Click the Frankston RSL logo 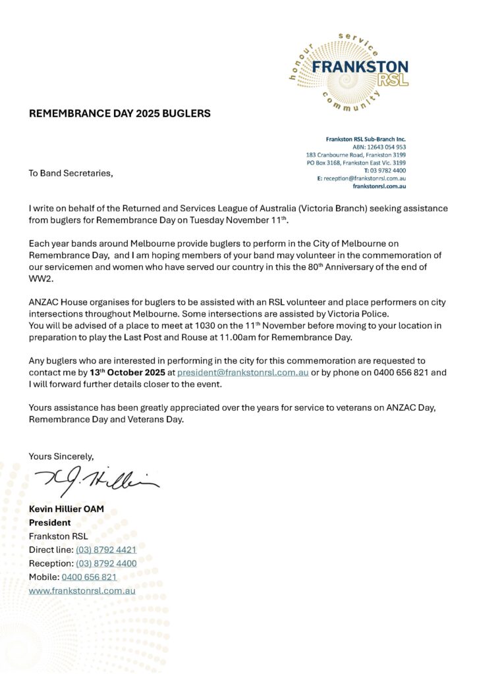[x=349, y=70]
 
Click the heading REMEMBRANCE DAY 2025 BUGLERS [x=119, y=113]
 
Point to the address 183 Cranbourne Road [x=356, y=155]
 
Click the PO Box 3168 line [x=356, y=163]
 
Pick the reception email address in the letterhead [x=364, y=178]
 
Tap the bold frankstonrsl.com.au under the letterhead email [x=379, y=186]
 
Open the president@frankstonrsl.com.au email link [x=238, y=372]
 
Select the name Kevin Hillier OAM [x=67, y=509]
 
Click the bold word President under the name [x=50, y=523]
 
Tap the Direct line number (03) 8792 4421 [x=106, y=550]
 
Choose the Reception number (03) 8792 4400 [x=106, y=563]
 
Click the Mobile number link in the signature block [x=89, y=577]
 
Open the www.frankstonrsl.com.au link [x=82, y=590]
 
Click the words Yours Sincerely [x=61, y=455]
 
